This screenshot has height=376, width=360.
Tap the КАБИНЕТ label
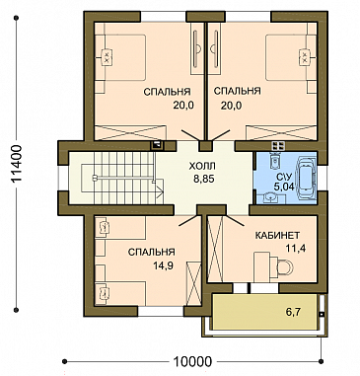click(277, 235)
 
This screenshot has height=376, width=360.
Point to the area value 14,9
click(163, 265)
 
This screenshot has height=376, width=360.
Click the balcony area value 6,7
click(294, 312)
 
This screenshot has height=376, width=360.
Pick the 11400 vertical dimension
click(16, 164)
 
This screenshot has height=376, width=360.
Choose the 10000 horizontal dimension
click(192, 361)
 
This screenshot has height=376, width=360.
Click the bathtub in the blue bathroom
click(306, 179)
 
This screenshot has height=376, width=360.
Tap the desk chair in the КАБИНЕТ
click(284, 267)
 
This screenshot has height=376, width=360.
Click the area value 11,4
click(296, 248)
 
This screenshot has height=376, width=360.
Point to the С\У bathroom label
click(283, 178)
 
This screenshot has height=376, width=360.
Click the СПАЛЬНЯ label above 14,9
click(152, 253)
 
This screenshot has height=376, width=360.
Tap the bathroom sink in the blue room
click(271, 197)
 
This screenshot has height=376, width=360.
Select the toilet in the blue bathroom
click(274, 160)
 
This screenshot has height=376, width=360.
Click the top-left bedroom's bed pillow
click(107, 56)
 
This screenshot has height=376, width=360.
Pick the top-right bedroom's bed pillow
click(305, 56)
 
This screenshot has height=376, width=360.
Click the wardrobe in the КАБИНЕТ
click(215, 249)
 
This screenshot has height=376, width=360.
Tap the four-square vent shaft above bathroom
click(278, 146)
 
